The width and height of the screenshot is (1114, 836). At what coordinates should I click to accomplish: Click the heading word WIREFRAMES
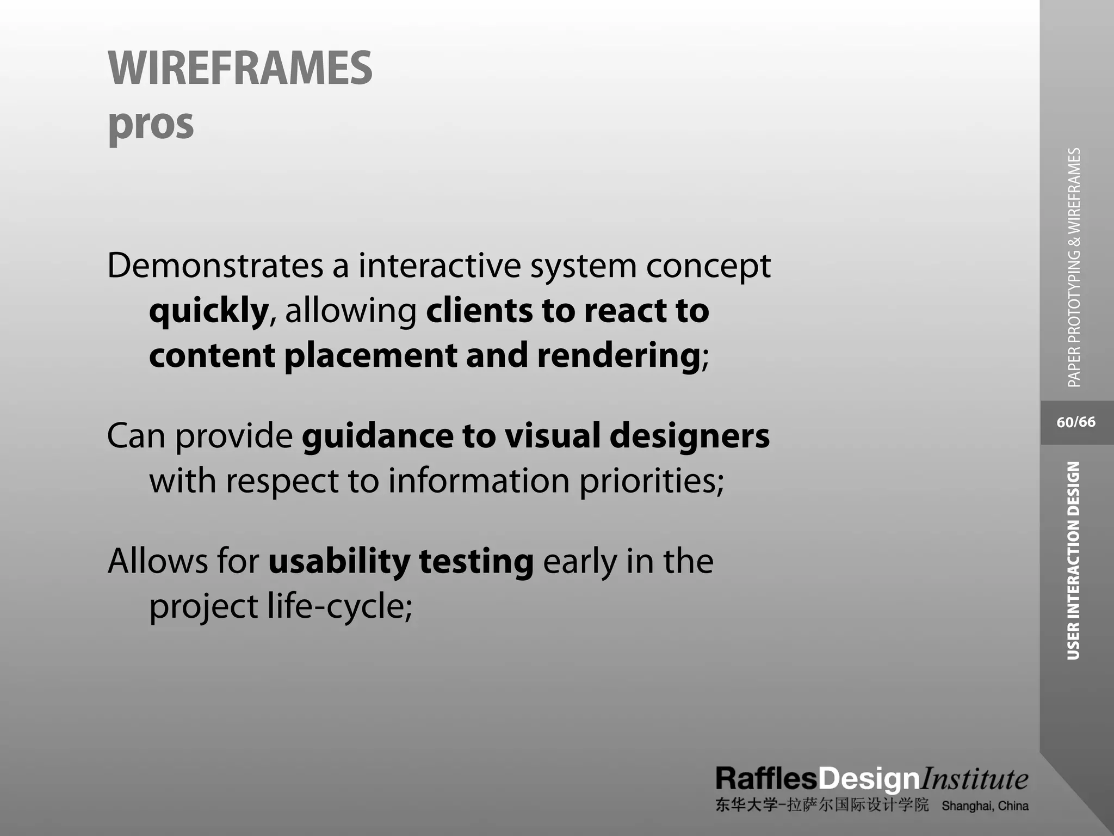[240, 68]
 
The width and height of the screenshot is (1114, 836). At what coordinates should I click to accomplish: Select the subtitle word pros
[151, 124]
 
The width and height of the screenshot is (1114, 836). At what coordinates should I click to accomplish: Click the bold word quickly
[209, 311]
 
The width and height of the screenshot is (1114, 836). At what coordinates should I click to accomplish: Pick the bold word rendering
[618, 356]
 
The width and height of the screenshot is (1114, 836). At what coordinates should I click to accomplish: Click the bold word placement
[370, 356]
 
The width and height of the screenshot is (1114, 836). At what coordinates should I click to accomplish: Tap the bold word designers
[689, 436]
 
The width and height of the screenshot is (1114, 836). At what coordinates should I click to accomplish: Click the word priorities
[651, 481]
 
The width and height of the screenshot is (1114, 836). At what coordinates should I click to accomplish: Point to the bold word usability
[339, 562]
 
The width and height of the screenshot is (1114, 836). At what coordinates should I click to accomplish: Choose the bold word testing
[476, 562]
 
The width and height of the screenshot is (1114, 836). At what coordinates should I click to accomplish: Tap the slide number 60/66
[1076, 422]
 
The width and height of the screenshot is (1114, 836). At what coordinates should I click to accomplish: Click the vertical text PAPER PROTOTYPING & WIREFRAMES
[1074, 267]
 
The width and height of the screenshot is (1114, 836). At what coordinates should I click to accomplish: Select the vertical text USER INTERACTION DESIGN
[1073, 561]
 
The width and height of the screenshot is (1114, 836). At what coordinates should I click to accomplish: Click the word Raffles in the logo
[766, 779]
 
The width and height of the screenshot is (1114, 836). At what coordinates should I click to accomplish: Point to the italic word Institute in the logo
[974, 779]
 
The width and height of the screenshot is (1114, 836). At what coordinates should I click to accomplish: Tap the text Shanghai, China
[985, 806]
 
